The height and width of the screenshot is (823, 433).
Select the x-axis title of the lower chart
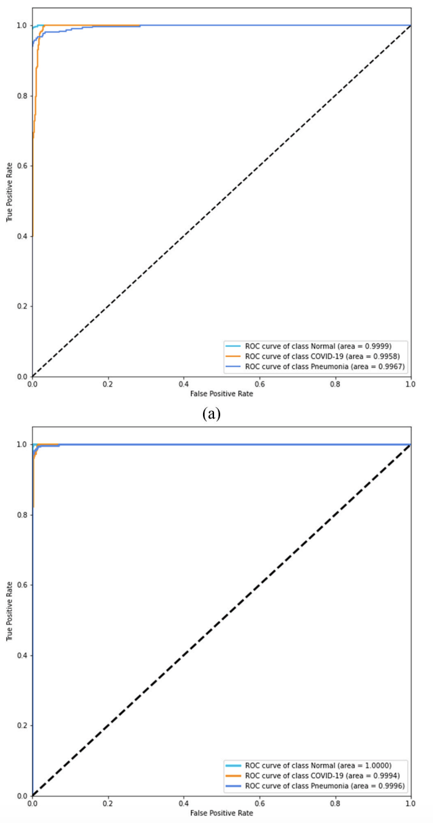(x=221, y=813)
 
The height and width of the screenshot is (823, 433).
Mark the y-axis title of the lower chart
(x=10, y=620)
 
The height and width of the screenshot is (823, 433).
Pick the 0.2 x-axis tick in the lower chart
(x=108, y=803)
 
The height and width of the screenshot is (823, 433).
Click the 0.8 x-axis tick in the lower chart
(x=335, y=803)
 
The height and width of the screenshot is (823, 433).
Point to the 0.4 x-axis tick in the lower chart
(x=183, y=803)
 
